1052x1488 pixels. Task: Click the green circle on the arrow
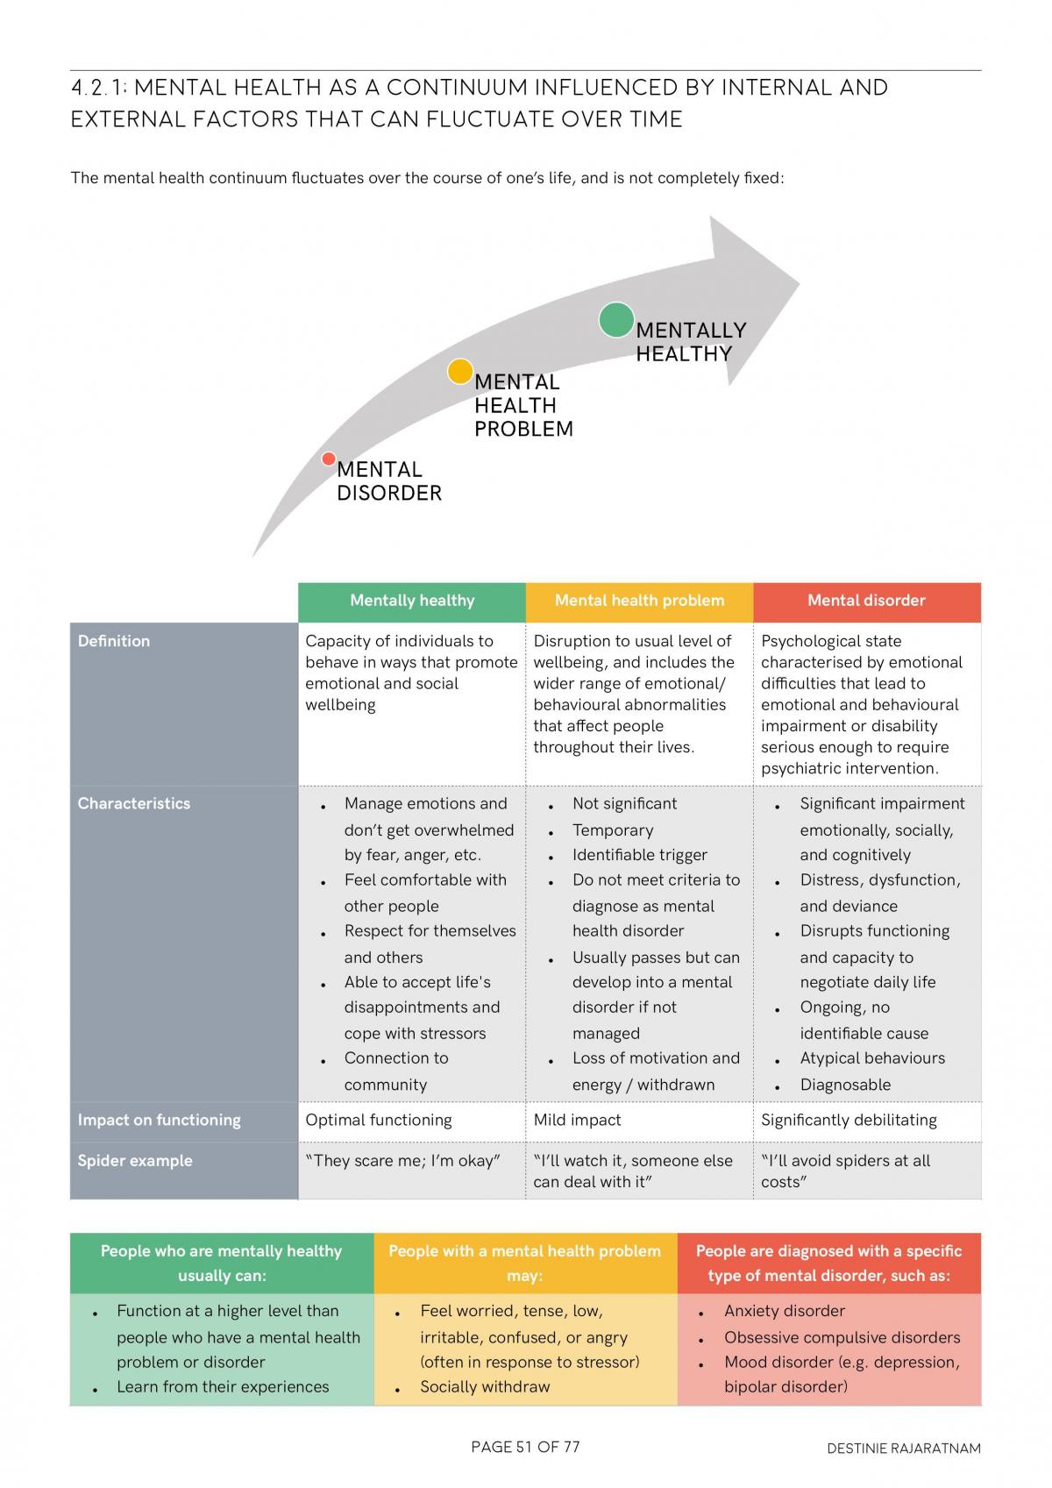[x=615, y=319]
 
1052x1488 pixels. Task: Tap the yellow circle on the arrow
[x=459, y=371]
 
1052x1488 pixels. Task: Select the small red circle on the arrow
[x=328, y=459]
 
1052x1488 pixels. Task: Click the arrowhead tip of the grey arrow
[x=799, y=283]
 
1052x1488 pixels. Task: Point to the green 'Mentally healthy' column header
[x=412, y=601]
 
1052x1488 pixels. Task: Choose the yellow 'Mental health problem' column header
[x=639, y=601]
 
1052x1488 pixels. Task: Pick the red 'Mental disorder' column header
[x=867, y=601]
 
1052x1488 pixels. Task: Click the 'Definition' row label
[x=114, y=641]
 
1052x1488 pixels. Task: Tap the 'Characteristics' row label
[x=133, y=803]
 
